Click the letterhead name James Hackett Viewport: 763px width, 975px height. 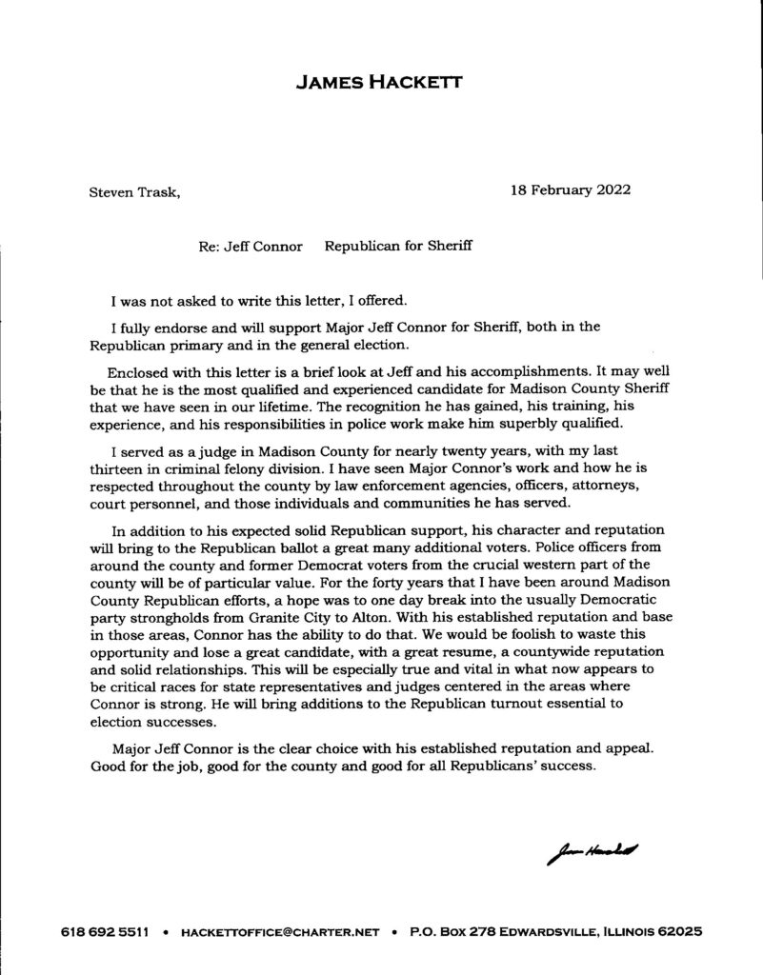click(x=380, y=84)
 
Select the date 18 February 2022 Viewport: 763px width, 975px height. click(x=571, y=189)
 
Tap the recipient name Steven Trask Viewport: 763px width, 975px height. click(x=132, y=191)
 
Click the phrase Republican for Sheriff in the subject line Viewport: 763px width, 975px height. click(x=399, y=246)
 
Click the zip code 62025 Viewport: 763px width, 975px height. click(x=679, y=933)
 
